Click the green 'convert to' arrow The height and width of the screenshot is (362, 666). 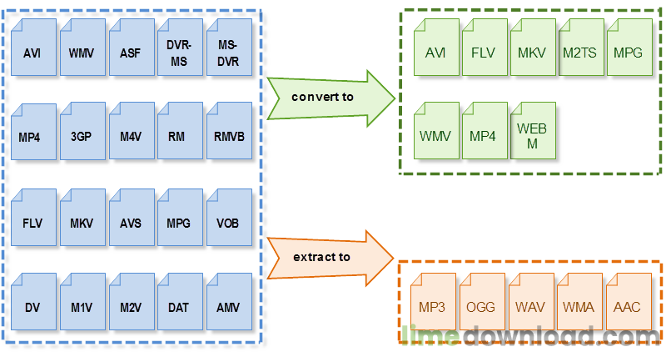tap(331, 98)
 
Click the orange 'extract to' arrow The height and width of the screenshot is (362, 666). tap(330, 259)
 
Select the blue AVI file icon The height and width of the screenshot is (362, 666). tap(33, 48)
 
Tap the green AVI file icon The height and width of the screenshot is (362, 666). tap(436, 48)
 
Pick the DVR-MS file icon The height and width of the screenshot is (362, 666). tap(180, 48)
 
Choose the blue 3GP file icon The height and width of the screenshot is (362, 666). tap(82, 131)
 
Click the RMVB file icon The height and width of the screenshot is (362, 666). tap(230, 131)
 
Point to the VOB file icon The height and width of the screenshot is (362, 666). tap(230, 218)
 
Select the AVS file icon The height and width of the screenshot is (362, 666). tap(132, 218)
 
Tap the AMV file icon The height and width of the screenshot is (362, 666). tap(230, 302)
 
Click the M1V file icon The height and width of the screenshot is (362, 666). tap(82, 302)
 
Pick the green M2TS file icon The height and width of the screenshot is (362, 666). tap(581, 48)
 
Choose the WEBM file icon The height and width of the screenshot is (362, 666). tap(533, 131)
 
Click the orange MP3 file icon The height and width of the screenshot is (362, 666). tap(433, 302)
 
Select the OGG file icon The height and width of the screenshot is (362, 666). tap(482, 302)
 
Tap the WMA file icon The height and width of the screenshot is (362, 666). tap(579, 302)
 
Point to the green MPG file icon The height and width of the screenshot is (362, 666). tap(630, 48)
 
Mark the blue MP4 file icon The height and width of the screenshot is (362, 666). tap(33, 132)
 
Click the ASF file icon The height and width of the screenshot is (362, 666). tap(132, 48)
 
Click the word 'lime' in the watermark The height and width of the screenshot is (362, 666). tap(430, 336)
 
